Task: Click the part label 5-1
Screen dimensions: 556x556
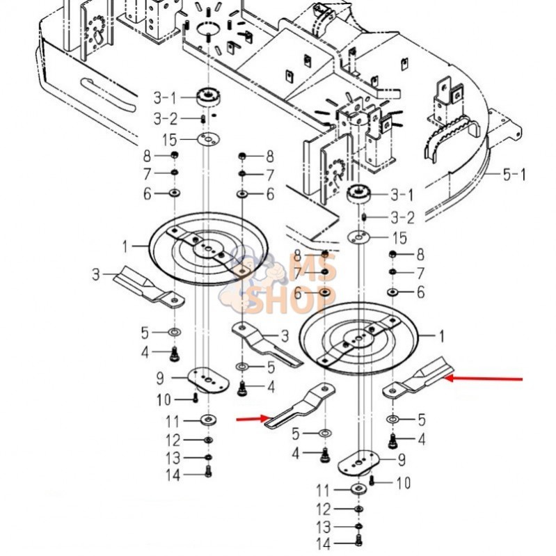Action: point(514,175)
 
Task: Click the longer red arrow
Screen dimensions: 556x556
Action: point(483,379)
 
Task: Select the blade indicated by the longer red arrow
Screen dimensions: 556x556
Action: point(418,381)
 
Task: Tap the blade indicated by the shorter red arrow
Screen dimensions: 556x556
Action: point(301,408)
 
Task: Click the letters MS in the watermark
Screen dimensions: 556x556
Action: point(312,266)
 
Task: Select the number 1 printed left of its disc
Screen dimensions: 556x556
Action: point(125,246)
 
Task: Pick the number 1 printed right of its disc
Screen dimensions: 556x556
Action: point(441,336)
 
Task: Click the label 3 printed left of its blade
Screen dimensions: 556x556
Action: point(96,274)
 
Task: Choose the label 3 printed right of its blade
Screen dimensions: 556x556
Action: point(285,336)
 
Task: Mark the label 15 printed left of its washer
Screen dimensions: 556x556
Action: point(170,140)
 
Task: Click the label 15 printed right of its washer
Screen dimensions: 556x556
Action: point(399,237)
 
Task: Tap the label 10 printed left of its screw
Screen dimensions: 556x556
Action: point(164,400)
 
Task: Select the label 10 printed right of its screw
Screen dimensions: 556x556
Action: point(403,483)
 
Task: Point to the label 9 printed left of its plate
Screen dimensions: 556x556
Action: point(160,379)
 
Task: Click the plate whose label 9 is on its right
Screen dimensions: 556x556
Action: point(359,463)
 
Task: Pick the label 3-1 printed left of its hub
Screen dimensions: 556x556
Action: point(165,98)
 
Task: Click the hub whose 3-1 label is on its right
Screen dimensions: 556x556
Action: point(359,194)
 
